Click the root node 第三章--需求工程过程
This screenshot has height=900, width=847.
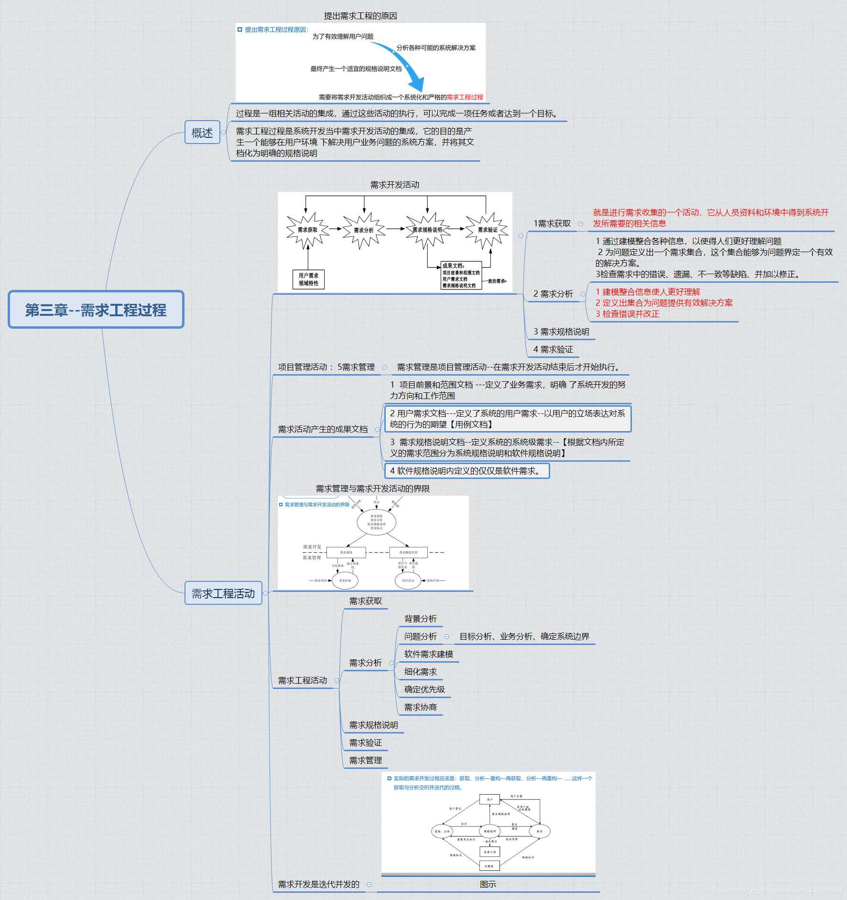point(96,310)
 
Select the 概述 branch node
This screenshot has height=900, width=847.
point(202,133)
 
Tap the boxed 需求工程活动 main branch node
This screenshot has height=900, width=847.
point(223,593)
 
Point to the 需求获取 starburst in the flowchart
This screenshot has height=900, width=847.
point(307,230)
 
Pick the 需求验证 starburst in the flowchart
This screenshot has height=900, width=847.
point(487,230)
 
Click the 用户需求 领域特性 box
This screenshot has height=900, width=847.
point(308,279)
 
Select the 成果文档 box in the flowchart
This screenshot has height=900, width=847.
point(460,276)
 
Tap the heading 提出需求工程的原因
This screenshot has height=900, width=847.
point(360,16)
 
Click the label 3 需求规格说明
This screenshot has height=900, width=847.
point(561,332)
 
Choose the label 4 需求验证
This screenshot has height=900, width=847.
point(553,349)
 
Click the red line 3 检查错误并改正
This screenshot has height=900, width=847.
point(627,314)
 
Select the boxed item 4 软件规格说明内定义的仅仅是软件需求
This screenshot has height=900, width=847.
point(467,471)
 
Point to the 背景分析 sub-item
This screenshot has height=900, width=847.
point(420,619)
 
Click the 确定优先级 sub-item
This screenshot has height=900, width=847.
point(424,689)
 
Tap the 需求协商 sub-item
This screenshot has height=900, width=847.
point(420,707)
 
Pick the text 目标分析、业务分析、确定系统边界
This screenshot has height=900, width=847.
point(524,636)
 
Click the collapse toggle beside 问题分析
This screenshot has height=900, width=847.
point(447,637)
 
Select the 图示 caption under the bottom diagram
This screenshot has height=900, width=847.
point(488,884)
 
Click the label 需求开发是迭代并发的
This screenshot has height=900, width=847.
point(319,884)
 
